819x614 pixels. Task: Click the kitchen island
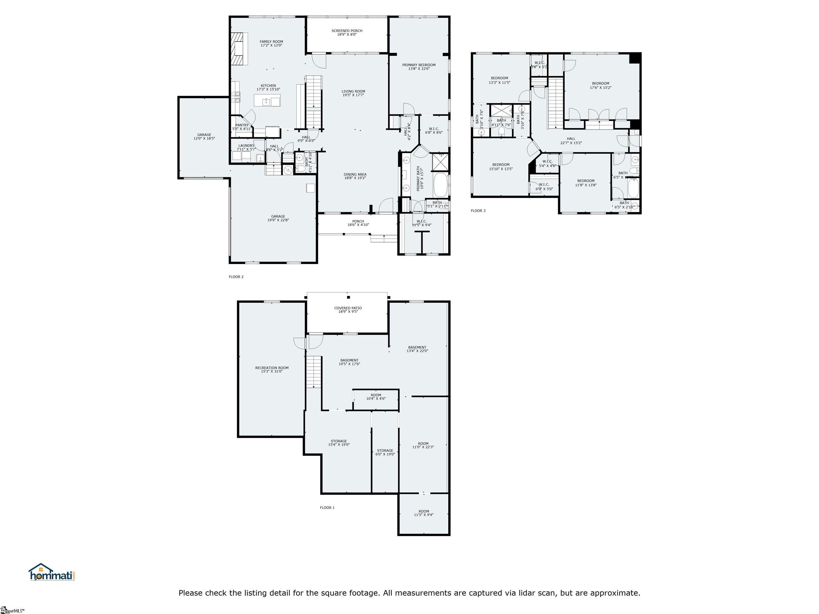(267, 100)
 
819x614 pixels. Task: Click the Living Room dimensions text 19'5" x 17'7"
(353, 95)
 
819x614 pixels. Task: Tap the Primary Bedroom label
(419, 65)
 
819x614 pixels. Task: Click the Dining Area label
(355, 174)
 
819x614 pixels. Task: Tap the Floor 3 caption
(478, 211)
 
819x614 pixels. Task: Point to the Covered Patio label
(348, 308)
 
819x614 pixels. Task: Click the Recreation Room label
(272, 368)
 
